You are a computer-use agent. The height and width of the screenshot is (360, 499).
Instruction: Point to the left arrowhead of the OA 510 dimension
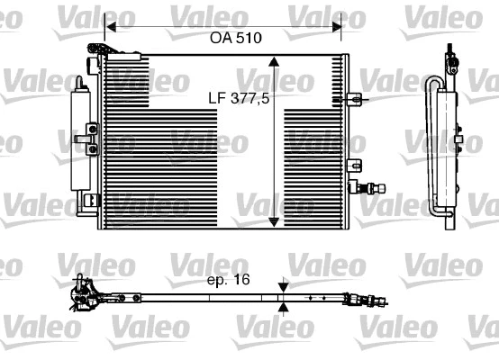109,26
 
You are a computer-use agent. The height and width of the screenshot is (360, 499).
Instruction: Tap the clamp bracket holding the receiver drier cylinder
91,137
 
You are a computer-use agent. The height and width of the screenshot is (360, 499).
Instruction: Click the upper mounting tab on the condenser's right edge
358,96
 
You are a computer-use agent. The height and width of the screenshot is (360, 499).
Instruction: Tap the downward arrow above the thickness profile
285,285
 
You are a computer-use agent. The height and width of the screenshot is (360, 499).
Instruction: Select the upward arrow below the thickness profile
285,307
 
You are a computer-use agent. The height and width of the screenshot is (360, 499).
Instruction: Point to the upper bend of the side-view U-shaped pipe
436,83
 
